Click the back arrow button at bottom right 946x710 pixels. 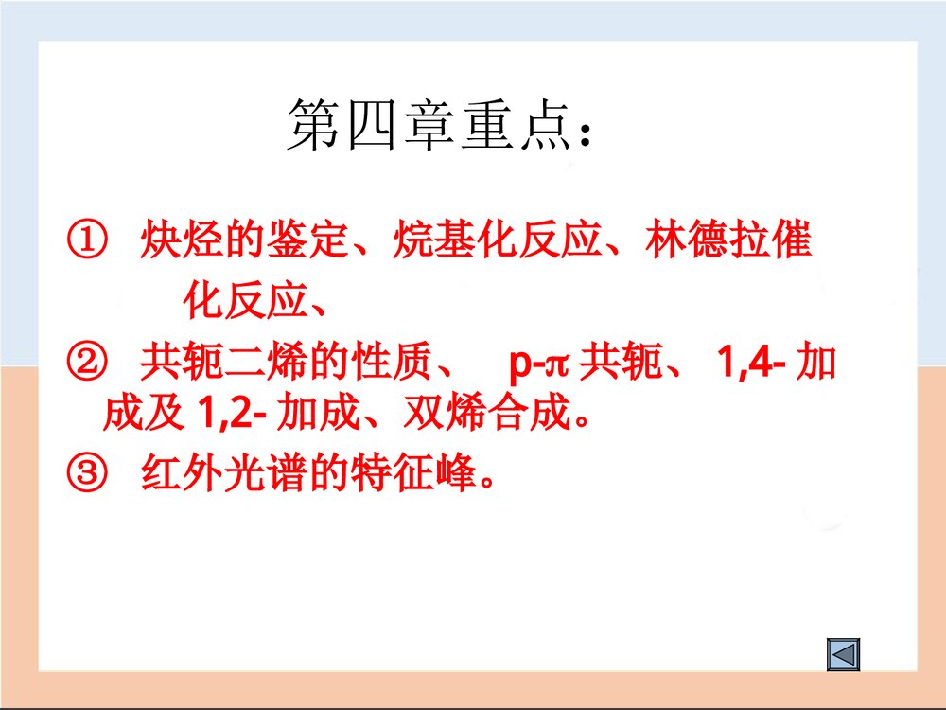point(843,654)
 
